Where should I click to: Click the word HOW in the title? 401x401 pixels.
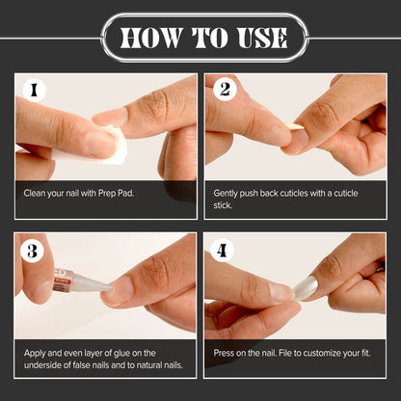click(x=151, y=38)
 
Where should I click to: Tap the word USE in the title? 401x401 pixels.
click(x=262, y=38)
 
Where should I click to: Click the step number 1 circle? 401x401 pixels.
click(x=34, y=91)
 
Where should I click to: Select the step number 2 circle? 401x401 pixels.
click(x=225, y=90)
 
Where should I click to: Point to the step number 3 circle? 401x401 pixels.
click(x=32, y=251)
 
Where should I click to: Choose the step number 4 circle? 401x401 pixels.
click(x=222, y=250)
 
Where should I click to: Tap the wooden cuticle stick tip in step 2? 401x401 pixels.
click(x=296, y=127)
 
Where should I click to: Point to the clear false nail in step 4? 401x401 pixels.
click(x=306, y=287)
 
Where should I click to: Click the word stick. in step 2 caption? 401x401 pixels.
click(x=223, y=205)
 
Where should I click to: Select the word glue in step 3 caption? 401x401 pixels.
click(x=121, y=353)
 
